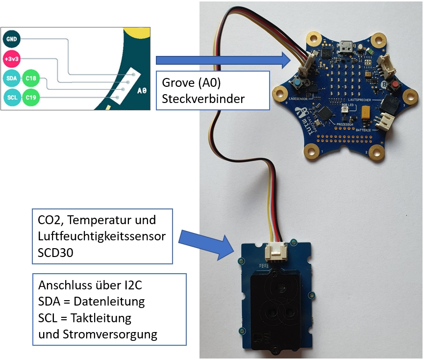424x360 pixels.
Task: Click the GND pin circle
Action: (x=11, y=38)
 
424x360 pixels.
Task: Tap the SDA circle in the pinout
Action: (x=11, y=78)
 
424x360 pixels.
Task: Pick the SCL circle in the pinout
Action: (x=11, y=97)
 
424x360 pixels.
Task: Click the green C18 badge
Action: (x=31, y=78)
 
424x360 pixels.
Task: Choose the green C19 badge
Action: (x=31, y=97)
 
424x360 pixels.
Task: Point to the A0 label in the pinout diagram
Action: (x=142, y=91)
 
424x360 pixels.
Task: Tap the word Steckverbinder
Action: (x=203, y=99)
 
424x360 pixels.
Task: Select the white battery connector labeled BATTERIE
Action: (x=387, y=121)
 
